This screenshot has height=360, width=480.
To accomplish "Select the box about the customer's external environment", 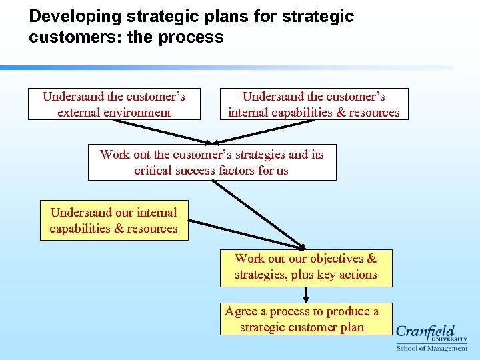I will (x=114, y=104).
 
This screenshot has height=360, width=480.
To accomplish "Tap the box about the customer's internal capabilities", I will (x=314, y=104).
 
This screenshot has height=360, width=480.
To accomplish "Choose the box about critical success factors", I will (x=212, y=162).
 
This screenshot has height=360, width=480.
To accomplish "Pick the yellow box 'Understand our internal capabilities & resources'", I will (x=114, y=220).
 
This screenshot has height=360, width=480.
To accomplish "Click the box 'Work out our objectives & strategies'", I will (x=306, y=267).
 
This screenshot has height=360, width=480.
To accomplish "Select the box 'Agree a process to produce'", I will (x=306, y=319).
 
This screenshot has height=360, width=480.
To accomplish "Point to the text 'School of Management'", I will (x=432, y=348).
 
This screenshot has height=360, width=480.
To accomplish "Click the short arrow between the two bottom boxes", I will (x=306, y=295).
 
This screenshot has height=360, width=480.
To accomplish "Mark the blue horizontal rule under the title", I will (x=227, y=67).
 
